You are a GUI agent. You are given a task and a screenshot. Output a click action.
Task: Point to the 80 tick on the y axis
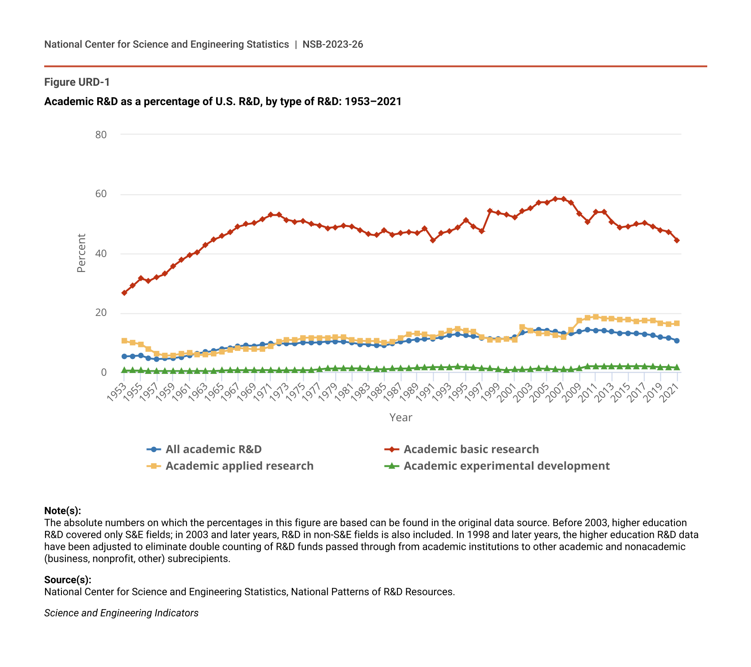101,135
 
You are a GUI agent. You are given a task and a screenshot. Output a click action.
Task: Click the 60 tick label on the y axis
101,194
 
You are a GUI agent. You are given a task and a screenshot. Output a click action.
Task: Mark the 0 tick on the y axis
104,373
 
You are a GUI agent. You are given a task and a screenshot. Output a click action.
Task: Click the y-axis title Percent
81,253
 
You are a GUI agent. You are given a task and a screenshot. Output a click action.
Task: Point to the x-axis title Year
400,418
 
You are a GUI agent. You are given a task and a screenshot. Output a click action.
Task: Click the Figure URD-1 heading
77,82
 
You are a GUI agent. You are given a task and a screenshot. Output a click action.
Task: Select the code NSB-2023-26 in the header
333,44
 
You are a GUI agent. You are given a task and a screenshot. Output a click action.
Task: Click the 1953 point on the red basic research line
124,293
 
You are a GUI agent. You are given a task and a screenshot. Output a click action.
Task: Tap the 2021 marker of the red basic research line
677,240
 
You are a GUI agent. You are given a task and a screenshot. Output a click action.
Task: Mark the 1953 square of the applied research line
124,341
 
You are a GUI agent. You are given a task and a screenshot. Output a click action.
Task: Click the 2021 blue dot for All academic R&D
677,341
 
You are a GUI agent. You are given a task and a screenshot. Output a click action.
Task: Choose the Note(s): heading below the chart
62,511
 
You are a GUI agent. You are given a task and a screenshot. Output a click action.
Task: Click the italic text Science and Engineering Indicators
121,613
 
